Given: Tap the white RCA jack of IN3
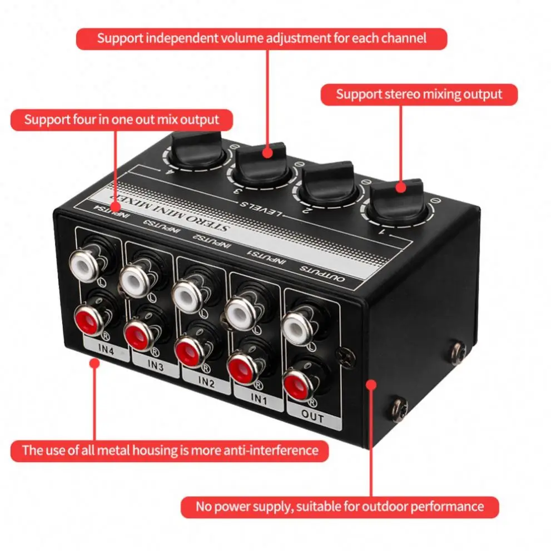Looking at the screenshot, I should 135,276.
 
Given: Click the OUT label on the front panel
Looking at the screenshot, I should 312,417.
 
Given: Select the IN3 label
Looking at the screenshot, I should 156,366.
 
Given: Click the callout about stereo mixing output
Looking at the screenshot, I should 419,95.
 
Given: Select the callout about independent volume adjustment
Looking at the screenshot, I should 261,38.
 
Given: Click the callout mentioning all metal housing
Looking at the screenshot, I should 170,450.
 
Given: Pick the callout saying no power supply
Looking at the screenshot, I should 339,507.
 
